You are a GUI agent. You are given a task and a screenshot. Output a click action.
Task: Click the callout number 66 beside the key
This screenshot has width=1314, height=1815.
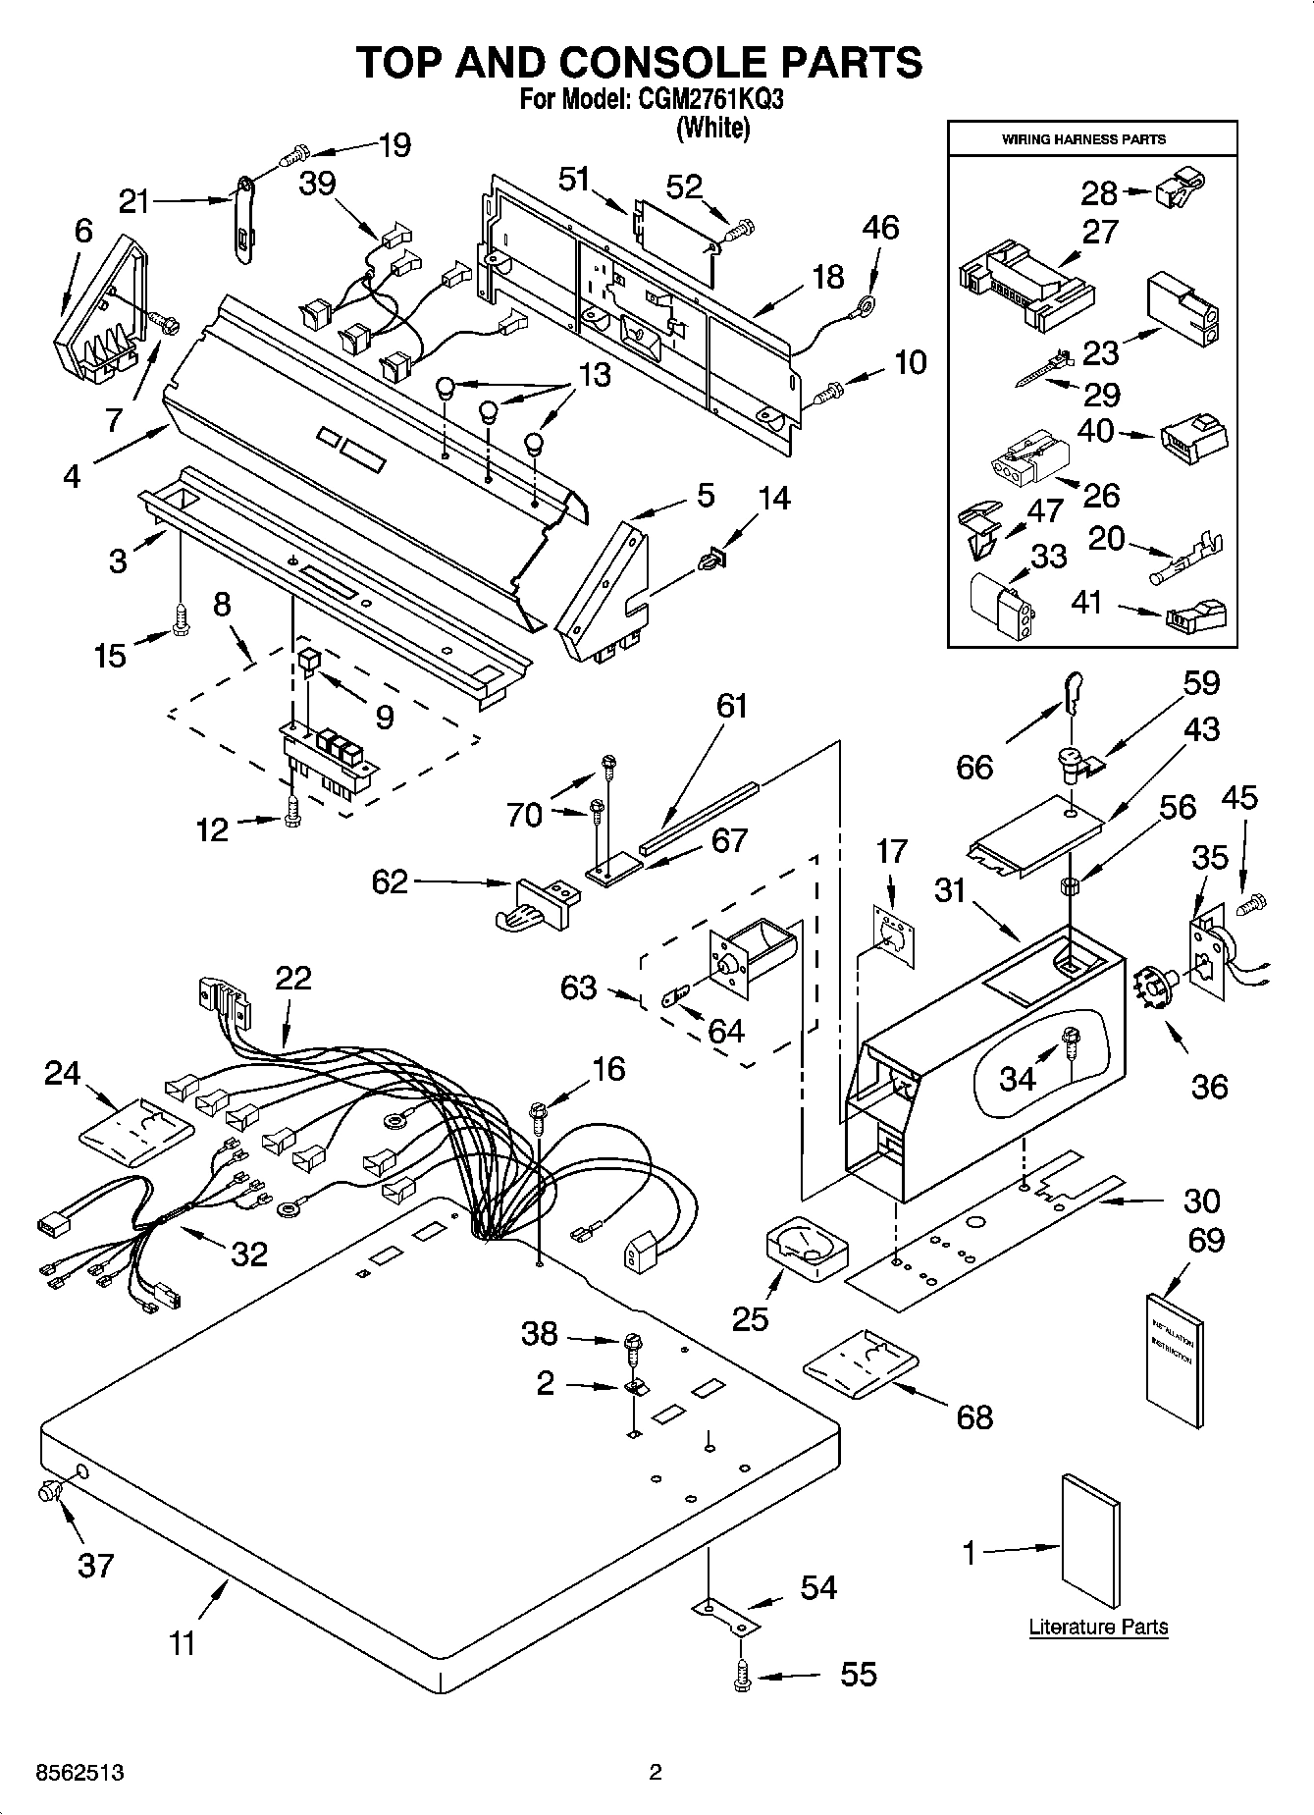click(974, 767)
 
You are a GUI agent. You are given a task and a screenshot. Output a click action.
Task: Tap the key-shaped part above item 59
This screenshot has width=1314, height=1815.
click(1072, 692)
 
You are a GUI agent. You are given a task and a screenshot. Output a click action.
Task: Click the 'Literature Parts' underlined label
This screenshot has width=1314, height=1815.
click(1098, 1627)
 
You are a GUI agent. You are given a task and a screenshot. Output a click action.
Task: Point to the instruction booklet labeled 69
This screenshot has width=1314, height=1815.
click(1175, 1359)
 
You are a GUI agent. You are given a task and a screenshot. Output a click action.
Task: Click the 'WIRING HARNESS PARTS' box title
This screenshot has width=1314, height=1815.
click(1083, 139)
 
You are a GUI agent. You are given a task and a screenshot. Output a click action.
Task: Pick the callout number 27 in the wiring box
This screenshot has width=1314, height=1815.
click(1100, 233)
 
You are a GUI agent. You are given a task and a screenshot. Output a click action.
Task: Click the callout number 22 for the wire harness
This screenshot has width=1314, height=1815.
click(293, 978)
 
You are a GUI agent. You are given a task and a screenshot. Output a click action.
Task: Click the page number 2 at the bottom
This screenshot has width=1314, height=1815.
click(656, 1773)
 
